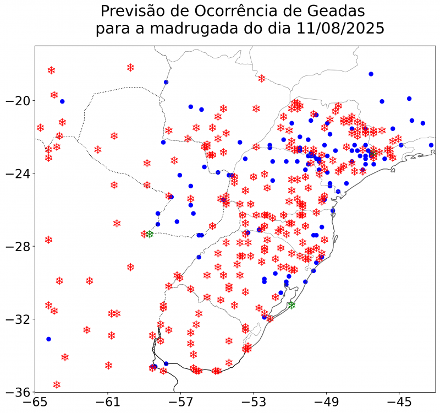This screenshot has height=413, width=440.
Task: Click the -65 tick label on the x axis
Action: click(x=35, y=403)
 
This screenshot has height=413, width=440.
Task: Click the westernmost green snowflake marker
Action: click(x=149, y=235)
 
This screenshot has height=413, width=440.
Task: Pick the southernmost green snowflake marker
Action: click(x=291, y=305)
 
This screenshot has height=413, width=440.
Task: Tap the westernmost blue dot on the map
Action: click(x=48, y=339)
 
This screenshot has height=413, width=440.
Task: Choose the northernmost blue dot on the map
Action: click(x=371, y=74)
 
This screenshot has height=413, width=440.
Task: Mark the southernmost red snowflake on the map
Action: click(x=57, y=384)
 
